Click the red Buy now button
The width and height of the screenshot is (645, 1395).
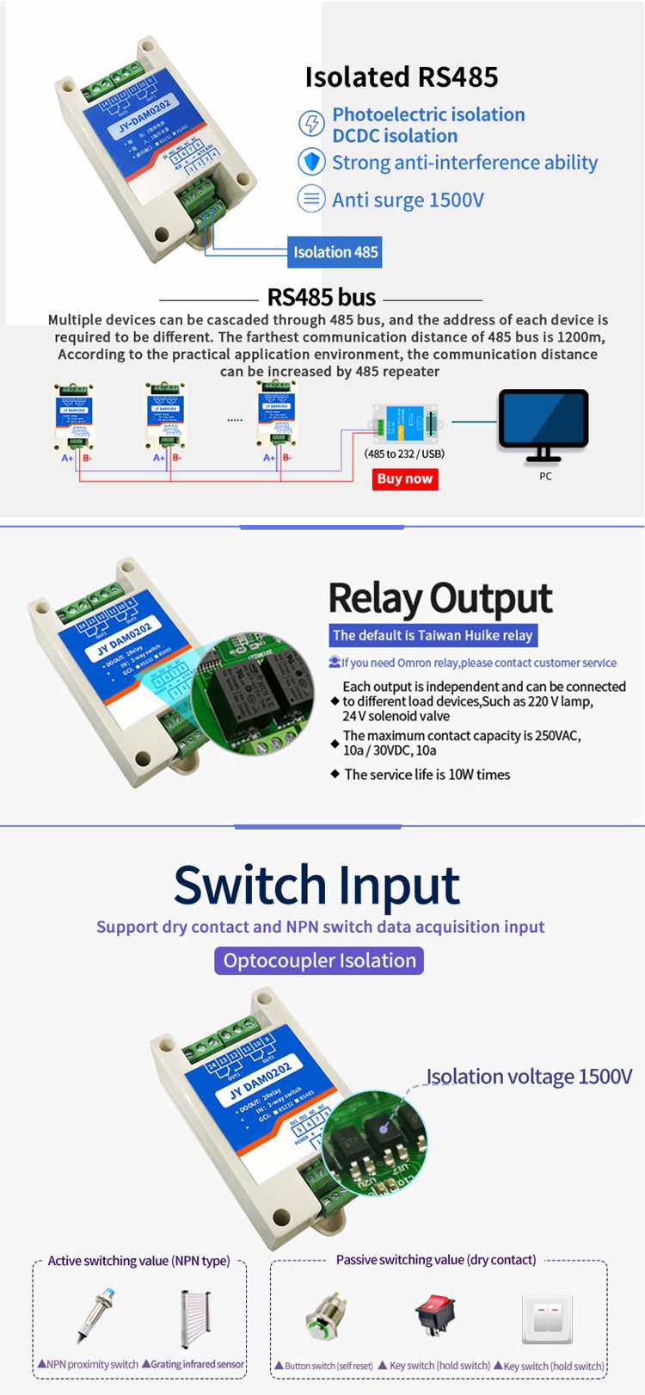(x=405, y=479)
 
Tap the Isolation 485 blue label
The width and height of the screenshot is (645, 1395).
(x=335, y=252)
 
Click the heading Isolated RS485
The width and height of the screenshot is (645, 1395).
(x=402, y=77)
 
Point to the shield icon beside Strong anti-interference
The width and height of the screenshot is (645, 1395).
(x=310, y=162)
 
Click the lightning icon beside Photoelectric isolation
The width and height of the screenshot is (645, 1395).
(x=310, y=123)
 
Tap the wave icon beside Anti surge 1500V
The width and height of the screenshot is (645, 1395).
(x=310, y=199)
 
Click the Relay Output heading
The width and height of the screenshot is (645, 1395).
(x=440, y=598)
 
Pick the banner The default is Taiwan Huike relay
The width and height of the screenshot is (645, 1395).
(x=433, y=635)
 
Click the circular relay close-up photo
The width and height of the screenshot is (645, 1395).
(x=254, y=693)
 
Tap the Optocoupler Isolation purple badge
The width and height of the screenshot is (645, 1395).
(x=319, y=960)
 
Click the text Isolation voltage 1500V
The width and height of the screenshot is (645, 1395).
(x=529, y=1077)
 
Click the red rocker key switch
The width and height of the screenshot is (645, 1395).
(x=435, y=1317)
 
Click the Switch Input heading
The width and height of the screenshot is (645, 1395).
(x=316, y=885)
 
